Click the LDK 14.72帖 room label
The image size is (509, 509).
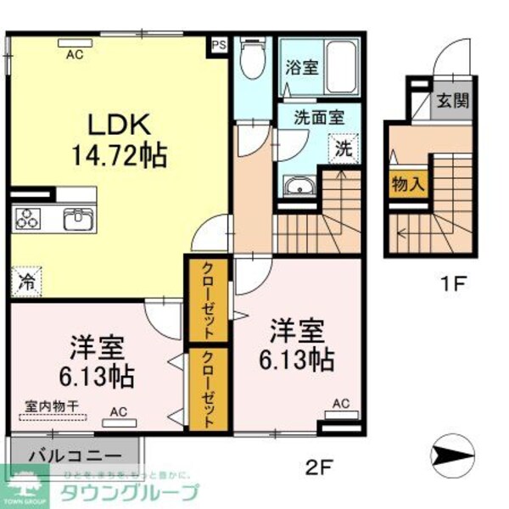click(127, 140)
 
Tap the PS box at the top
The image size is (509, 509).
click(219, 44)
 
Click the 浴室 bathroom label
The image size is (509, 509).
click(302, 67)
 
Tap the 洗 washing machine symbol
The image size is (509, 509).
click(343, 148)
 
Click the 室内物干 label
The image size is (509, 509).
click(48, 406)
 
